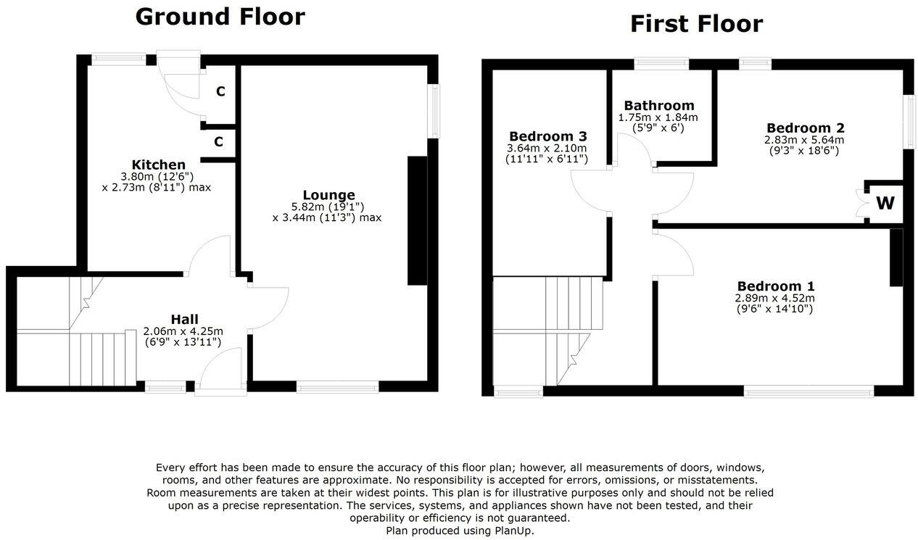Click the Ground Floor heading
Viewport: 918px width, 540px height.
(x=220, y=17)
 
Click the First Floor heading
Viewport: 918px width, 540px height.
(x=695, y=24)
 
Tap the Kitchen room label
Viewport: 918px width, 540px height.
(x=158, y=165)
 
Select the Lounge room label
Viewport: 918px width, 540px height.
(x=328, y=195)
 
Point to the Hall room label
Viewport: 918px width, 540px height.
(x=184, y=319)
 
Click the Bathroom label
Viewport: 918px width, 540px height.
(x=658, y=106)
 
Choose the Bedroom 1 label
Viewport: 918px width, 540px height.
(x=774, y=286)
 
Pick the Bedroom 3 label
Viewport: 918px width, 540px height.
(x=547, y=136)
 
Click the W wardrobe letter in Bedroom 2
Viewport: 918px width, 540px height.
(x=885, y=204)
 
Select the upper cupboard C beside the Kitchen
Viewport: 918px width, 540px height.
(x=220, y=92)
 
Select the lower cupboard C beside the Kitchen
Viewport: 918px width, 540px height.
(x=218, y=142)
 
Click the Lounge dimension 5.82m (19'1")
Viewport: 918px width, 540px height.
(x=328, y=206)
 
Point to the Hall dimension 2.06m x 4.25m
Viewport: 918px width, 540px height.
(x=184, y=331)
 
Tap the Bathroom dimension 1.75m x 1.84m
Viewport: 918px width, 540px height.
(x=658, y=117)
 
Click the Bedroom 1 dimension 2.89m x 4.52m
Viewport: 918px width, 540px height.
(x=774, y=297)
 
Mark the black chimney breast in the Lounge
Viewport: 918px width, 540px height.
(x=418, y=221)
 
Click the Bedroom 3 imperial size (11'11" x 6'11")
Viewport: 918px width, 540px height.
(x=547, y=159)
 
